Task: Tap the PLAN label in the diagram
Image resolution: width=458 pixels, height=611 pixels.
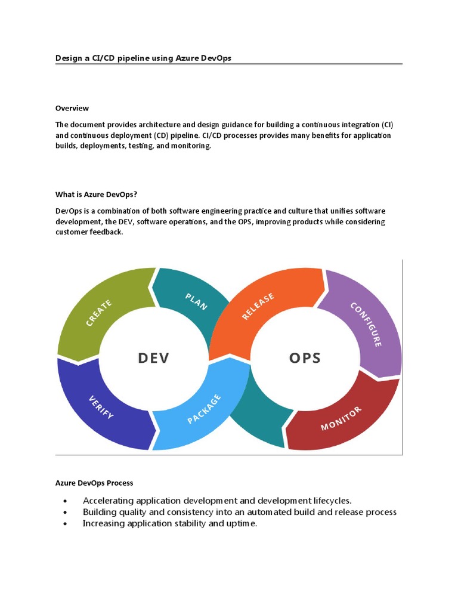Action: pyautogui.click(x=196, y=301)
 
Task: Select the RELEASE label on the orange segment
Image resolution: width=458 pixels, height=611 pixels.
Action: pyautogui.click(x=258, y=306)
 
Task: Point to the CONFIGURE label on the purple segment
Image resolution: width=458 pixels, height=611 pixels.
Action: pyautogui.click(x=366, y=324)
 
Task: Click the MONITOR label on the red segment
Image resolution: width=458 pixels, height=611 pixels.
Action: pyautogui.click(x=341, y=418)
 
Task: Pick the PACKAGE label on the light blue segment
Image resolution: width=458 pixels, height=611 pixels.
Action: pyautogui.click(x=205, y=409)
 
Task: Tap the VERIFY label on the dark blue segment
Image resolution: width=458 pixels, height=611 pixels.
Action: pyautogui.click(x=101, y=406)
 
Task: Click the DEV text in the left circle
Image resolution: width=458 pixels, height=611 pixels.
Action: pyautogui.click(x=153, y=358)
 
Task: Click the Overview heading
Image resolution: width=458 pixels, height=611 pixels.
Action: pyautogui.click(x=72, y=108)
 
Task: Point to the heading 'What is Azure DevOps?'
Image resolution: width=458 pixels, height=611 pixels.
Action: pyautogui.click(x=100, y=194)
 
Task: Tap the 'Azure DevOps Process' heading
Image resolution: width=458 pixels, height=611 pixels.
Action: pyautogui.click(x=94, y=482)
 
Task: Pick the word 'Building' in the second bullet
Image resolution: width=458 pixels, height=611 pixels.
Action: pyautogui.click(x=100, y=512)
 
